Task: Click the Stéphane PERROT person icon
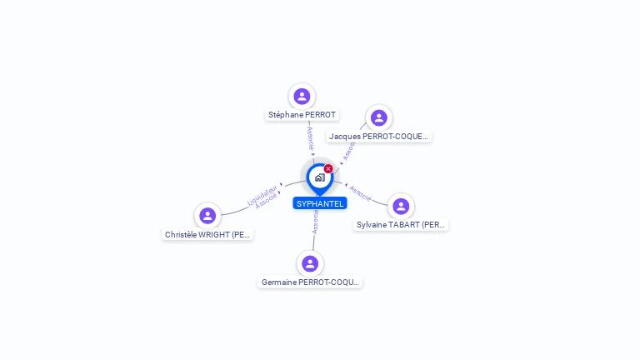302,97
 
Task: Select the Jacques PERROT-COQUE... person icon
378,118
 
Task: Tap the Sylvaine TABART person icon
401,206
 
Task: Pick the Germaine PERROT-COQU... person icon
310,263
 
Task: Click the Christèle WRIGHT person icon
207,216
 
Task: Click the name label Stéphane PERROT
302,115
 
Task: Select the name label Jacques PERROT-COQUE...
379,137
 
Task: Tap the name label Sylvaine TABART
401,225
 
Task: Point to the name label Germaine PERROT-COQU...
310,282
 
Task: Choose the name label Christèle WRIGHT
207,235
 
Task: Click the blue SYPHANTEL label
320,203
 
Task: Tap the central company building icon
319,177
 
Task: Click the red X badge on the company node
328,169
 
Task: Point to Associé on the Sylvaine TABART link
360,192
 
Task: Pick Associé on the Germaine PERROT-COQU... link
315,222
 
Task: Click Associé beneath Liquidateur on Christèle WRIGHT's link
267,201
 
